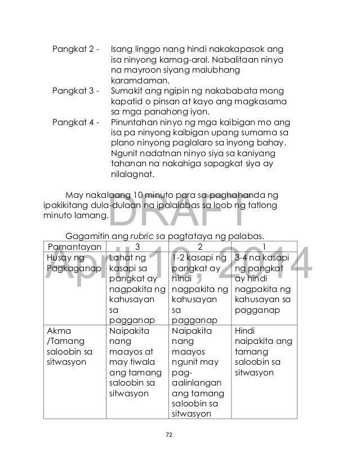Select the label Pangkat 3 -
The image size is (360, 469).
75,91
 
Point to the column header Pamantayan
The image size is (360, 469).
74,247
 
